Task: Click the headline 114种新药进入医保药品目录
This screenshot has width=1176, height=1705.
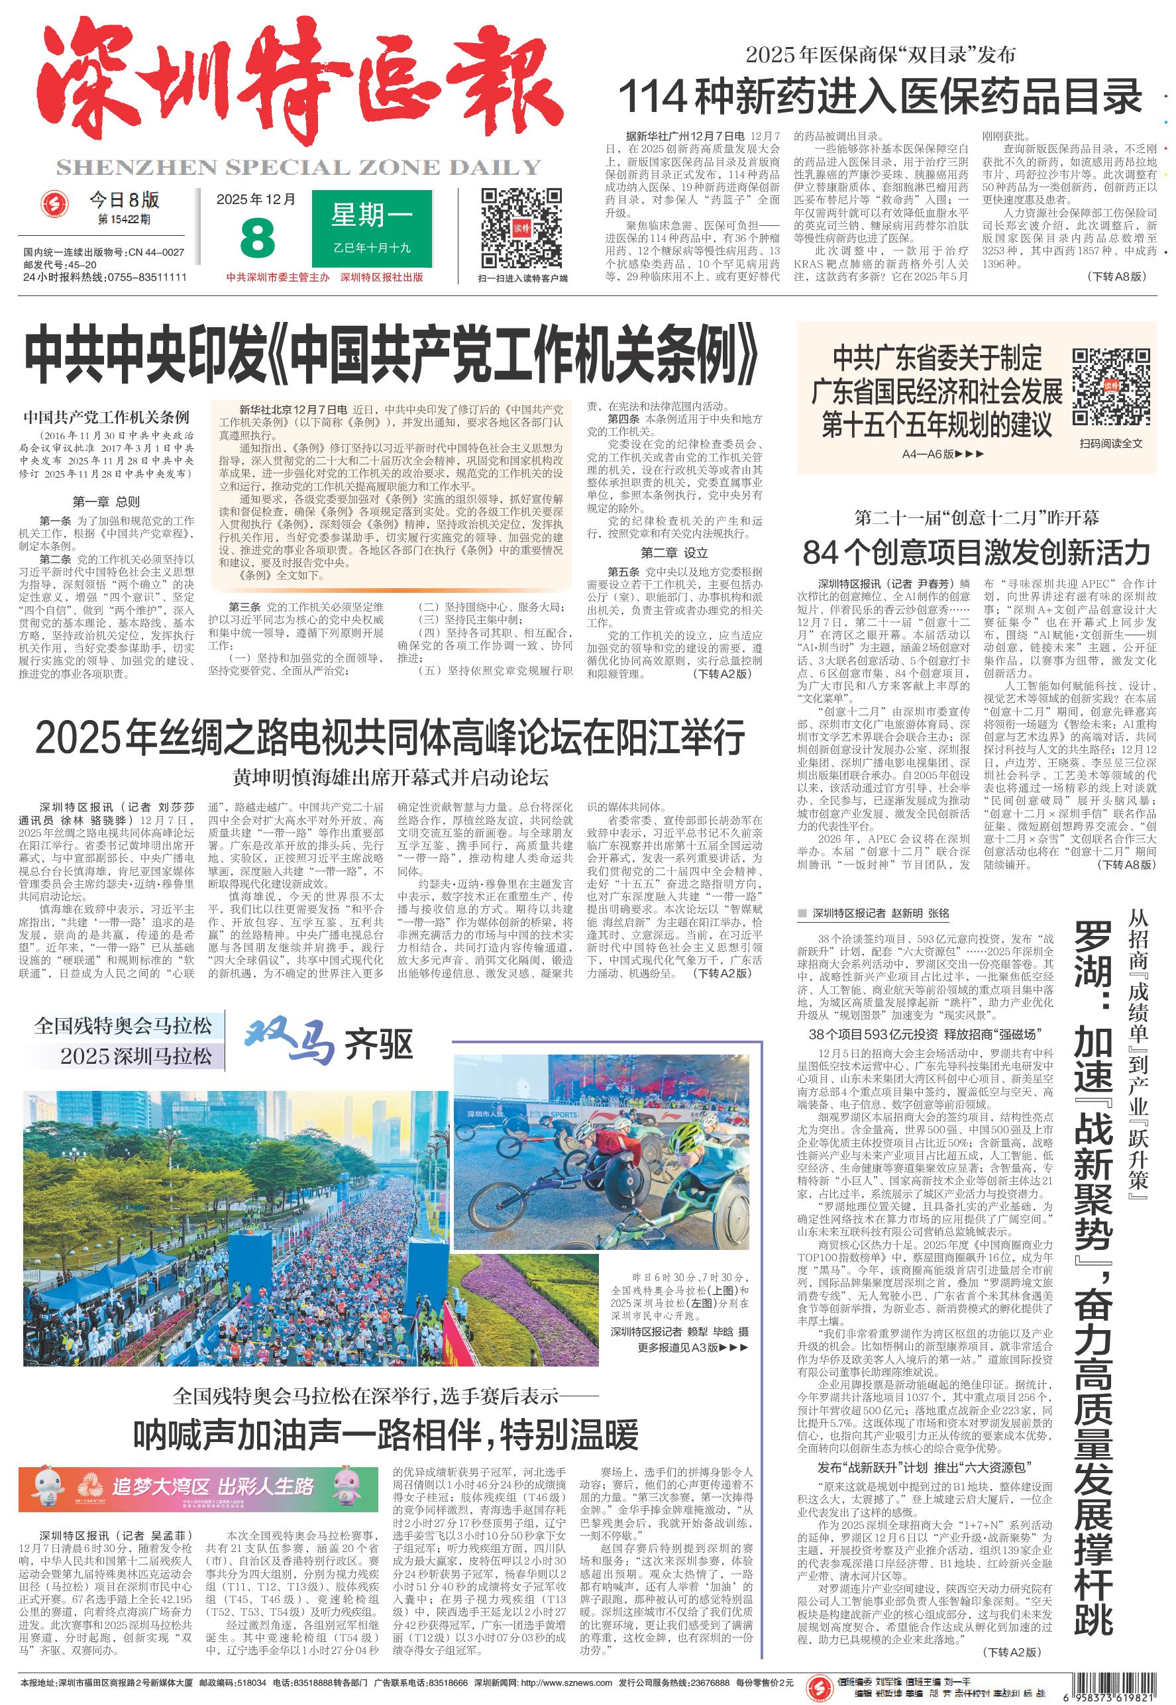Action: point(881,96)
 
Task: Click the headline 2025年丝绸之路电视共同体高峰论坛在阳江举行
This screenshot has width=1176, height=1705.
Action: point(390,738)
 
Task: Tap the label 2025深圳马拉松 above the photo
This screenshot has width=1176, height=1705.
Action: point(136,1055)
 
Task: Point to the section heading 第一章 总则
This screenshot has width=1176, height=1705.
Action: point(106,501)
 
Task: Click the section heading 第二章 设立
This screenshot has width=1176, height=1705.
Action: point(674,552)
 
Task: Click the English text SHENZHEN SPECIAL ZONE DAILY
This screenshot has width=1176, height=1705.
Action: point(298,168)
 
